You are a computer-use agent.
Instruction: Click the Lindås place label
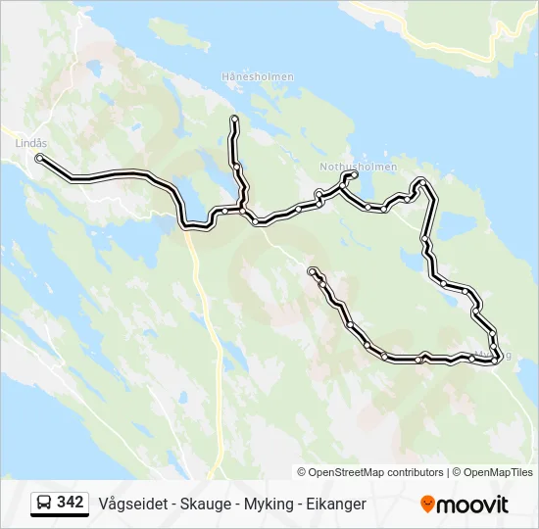point(30,142)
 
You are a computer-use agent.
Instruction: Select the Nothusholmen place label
point(359,167)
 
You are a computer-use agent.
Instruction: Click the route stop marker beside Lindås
point(39,157)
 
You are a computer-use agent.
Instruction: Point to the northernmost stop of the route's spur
point(234,120)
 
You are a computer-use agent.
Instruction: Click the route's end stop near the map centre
point(312,270)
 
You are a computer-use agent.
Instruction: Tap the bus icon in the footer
point(44,504)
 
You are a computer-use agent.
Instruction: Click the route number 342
point(71,503)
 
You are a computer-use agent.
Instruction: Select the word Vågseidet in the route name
point(131,504)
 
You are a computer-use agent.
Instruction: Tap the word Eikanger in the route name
point(336,504)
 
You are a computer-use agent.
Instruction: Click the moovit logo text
point(472,505)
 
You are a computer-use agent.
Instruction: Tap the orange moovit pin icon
point(427,504)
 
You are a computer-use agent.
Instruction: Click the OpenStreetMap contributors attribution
point(375,472)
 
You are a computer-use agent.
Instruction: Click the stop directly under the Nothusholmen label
point(354,175)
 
